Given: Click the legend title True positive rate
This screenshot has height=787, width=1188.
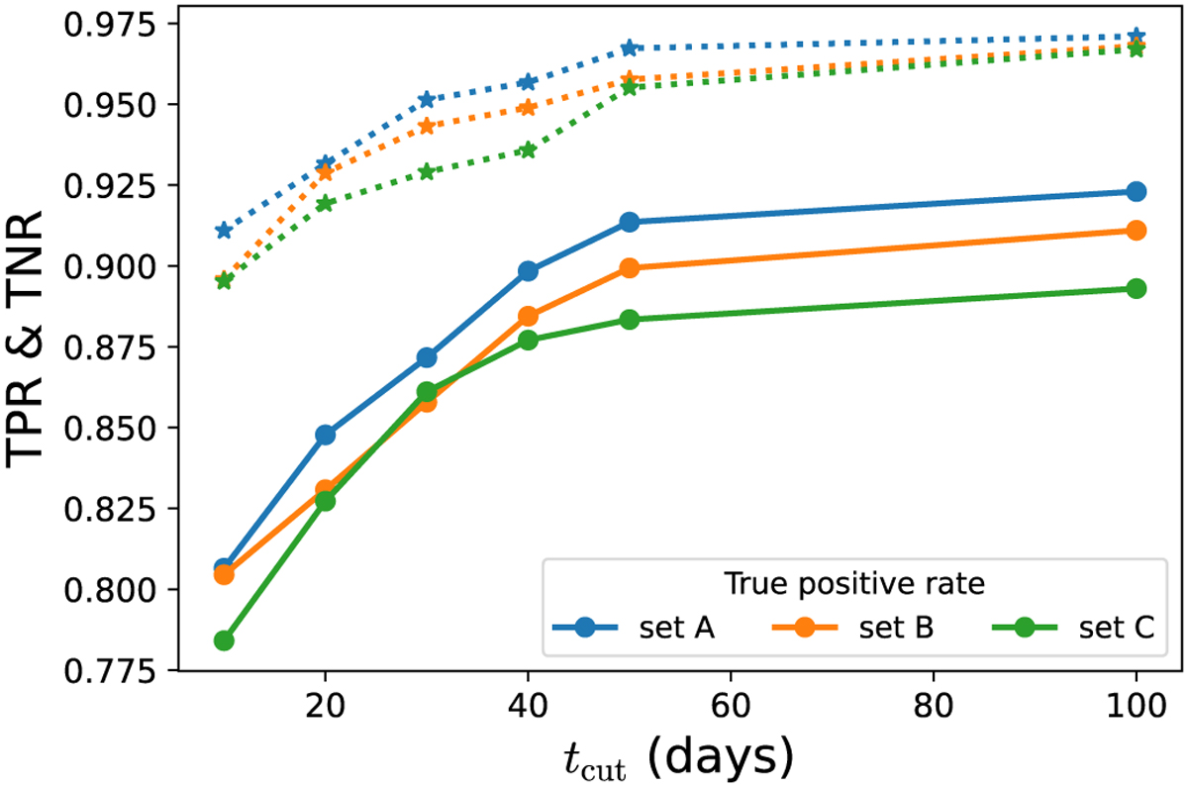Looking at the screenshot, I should tap(853, 584).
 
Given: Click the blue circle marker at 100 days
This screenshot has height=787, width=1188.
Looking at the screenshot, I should tap(1136, 191).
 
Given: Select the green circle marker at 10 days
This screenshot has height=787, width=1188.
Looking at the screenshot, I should tap(224, 640).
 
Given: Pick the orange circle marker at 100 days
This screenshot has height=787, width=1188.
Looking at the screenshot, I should tap(1136, 230).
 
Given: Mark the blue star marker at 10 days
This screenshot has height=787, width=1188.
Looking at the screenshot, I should tap(224, 231).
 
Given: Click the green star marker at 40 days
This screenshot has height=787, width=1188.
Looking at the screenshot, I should tap(528, 149).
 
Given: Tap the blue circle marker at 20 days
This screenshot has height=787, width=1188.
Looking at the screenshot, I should tap(325, 435).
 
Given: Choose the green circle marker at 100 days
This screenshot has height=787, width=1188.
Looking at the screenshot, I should tap(1136, 288).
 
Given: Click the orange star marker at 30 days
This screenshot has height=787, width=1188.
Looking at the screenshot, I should tap(427, 126).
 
